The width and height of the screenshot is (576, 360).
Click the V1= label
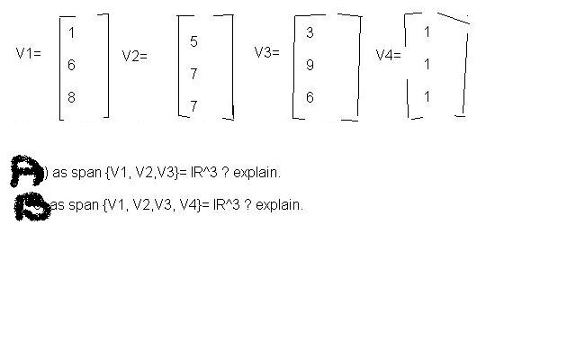point(29,53)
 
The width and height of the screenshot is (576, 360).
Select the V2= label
point(134,56)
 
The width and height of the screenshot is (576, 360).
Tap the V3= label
point(266,52)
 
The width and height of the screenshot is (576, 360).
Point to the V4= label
point(388,54)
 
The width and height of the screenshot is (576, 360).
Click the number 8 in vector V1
point(71,98)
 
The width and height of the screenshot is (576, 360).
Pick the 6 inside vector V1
point(71,66)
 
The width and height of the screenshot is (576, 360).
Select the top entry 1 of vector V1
point(71,33)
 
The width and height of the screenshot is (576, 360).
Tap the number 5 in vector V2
point(194,42)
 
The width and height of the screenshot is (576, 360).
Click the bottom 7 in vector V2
point(193,106)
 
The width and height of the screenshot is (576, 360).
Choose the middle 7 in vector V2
point(193,75)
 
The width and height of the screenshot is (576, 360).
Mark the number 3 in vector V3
point(310,33)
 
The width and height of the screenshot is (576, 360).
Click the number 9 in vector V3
point(310,66)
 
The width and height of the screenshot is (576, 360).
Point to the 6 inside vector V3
point(310,97)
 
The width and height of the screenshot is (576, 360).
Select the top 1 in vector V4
point(427,32)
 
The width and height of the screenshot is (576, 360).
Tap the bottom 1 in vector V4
point(427,96)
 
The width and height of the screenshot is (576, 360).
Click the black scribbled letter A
point(24,168)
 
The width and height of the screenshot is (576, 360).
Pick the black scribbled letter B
point(31,205)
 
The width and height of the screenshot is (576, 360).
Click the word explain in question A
point(257,172)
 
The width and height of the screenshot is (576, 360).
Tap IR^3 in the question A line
point(198,172)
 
